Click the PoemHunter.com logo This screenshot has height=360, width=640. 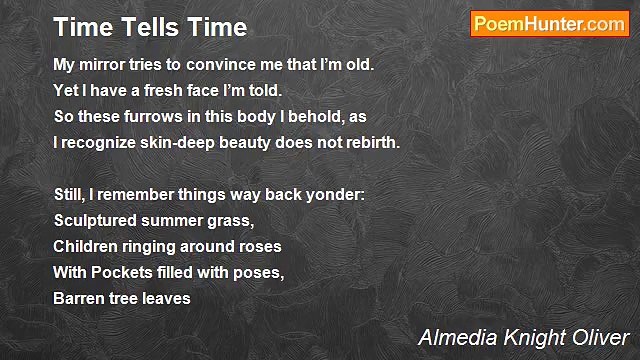(549, 24)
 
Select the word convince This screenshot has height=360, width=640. (218, 64)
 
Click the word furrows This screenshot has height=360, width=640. (148, 116)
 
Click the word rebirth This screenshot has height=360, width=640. (371, 142)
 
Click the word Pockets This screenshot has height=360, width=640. (119, 272)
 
